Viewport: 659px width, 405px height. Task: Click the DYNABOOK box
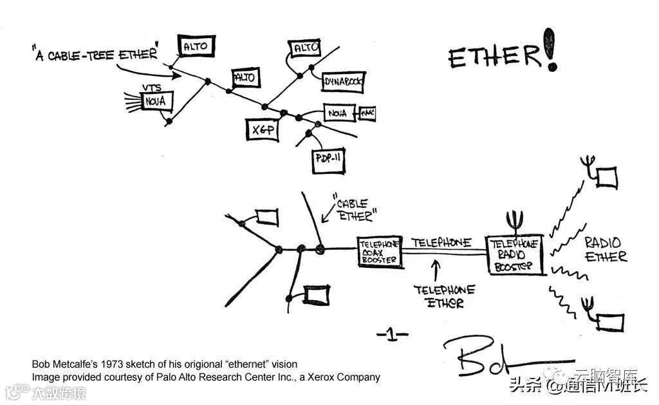(344, 82)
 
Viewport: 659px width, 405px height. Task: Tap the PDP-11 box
(329, 158)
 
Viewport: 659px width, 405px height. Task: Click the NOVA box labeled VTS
(156, 101)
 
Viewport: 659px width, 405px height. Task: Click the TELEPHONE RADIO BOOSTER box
(515, 255)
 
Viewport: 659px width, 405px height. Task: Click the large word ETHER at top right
(494, 57)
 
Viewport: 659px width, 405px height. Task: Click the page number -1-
(393, 334)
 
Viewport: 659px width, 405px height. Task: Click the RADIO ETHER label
(605, 249)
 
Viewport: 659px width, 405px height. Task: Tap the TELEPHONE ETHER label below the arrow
(443, 296)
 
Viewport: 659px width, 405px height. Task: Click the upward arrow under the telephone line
(436, 268)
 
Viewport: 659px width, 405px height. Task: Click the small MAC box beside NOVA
(367, 114)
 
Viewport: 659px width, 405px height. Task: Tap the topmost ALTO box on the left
(196, 46)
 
